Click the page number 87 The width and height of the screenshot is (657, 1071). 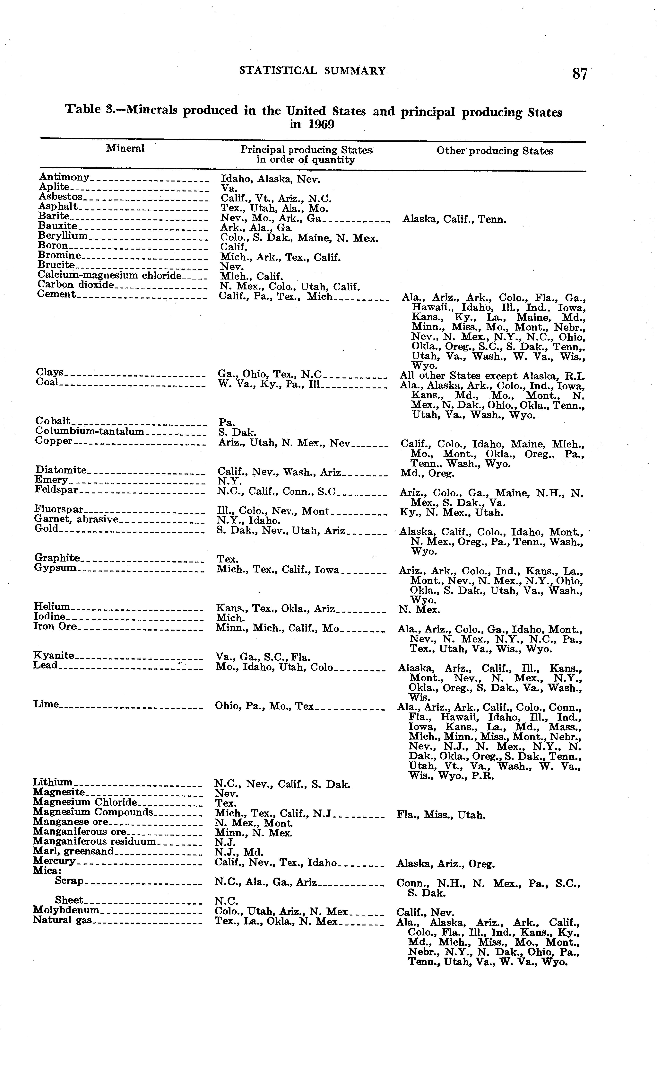580,74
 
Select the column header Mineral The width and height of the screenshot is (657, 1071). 125,148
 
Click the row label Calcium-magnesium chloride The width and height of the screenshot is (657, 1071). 109,275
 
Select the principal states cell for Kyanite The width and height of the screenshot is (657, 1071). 263,657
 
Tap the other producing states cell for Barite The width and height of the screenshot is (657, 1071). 454,219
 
